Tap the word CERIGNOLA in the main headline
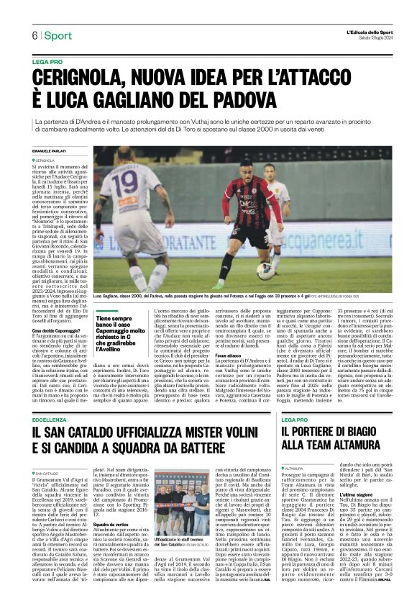(x=79, y=76)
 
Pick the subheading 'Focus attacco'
(x=228, y=376)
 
